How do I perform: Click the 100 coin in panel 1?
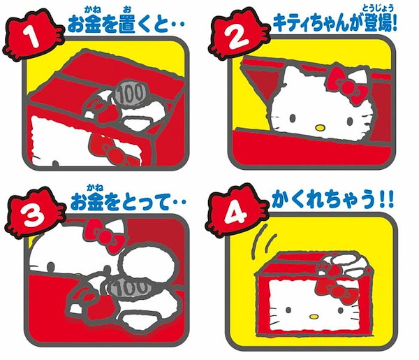[128, 94]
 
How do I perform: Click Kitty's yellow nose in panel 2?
[318, 128]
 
